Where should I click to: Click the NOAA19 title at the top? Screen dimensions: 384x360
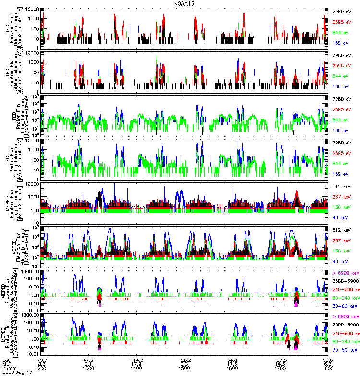(x=180, y=4)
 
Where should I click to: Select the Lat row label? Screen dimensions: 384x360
(x=6, y=360)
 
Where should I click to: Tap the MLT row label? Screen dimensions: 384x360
(x=7, y=364)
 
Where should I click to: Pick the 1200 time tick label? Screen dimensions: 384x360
(x=40, y=369)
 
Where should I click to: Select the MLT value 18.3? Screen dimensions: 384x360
(x=40, y=364)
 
